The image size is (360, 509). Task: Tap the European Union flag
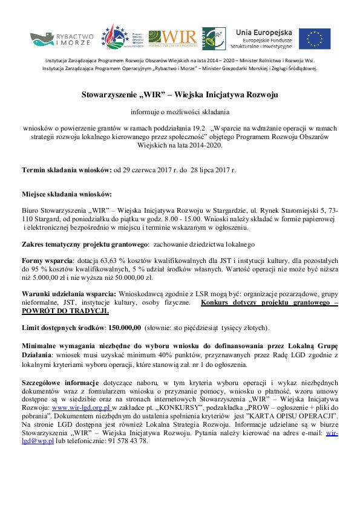pyautogui.click(x=314, y=39)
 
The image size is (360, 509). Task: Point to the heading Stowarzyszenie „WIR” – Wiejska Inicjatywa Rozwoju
pyautogui.click(x=180, y=95)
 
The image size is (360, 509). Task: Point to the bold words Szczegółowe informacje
pyautogui.click(x=60, y=383)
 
